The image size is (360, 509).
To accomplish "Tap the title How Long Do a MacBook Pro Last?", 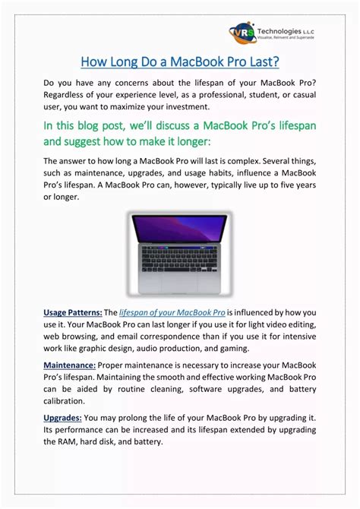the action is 180,60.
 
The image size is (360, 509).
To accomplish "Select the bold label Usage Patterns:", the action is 72,312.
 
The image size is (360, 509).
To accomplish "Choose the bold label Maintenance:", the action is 69,365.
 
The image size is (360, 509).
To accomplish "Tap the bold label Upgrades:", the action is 62,417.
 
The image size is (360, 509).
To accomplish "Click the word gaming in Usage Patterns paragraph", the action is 230,348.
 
